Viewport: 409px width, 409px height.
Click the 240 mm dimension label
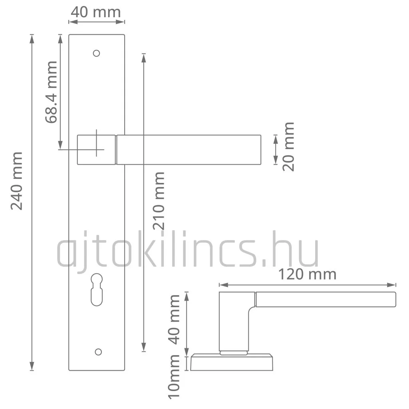pyautogui.click(x=17, y=181)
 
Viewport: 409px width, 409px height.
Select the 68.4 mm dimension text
pyautogui.click(x=51, y=92)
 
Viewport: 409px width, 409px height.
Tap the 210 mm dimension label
pyautogui.click(x=159, y=201)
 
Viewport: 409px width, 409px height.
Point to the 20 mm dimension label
pyautogui.click(x=288, y=147)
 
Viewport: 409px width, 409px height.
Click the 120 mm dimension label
pyautogui.click(x=307, y=274)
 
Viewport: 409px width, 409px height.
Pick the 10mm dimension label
pyautogui.click(x=174, y=377)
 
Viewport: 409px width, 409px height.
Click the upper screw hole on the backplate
pyautogui.click(x=97, y=53)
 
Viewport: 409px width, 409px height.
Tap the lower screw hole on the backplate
pyautogui.click(x=98, y=352)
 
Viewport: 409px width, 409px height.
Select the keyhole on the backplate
pyautogui.click(x=97, y=290)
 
